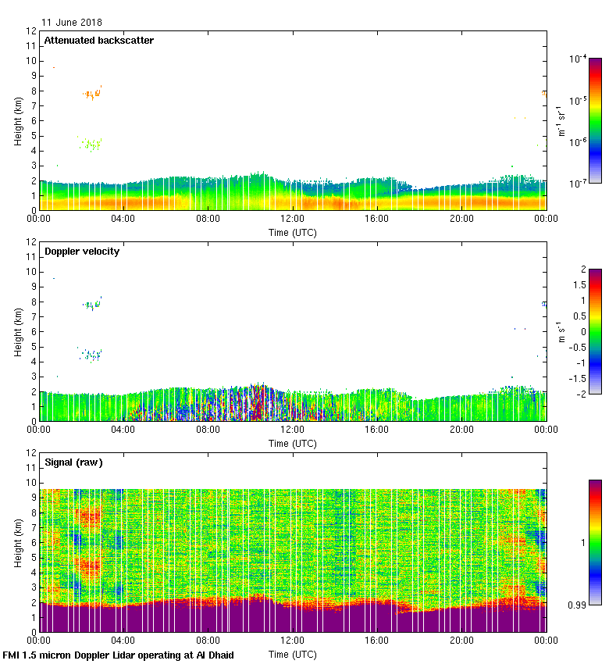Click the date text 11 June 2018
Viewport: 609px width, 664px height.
point(72,23)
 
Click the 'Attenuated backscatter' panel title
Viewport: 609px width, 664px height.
point(98,40)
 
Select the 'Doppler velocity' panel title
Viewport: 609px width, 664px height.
point(82,252)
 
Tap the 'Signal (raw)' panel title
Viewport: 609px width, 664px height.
point(73,462)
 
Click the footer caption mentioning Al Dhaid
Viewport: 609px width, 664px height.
point(119,655)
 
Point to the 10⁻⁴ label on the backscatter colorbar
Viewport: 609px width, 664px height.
point(579,59)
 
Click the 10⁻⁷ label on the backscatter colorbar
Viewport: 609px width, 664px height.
point(579,183)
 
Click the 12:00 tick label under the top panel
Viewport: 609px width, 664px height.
point(292,220)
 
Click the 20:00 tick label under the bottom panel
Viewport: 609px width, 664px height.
point(461,641)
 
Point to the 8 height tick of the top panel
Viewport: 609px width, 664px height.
point(33,91)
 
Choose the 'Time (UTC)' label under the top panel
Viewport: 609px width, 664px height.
point(293,232)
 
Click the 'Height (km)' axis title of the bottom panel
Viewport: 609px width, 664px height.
point(17,542)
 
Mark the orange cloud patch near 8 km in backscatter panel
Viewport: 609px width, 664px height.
point(92,95)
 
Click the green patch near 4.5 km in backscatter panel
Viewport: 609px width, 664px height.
point(92,145)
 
